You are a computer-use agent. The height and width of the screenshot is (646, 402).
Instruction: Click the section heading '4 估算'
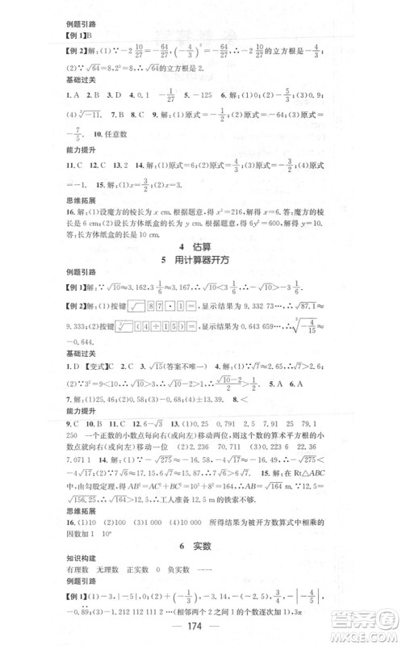tap(200, 244)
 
